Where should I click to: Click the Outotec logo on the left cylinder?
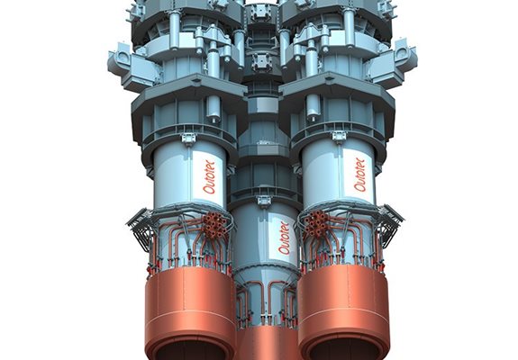click(209, 177)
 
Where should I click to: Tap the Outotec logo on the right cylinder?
click(359, 175)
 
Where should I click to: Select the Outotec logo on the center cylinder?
click(284, 238)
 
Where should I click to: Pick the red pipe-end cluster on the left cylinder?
click(214, 225)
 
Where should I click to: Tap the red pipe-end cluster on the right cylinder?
click(316, 223)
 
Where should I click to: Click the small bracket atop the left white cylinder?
click(188, 138)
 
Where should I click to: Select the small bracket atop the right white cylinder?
click(339, 136)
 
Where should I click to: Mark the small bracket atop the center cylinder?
click(264, 201)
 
